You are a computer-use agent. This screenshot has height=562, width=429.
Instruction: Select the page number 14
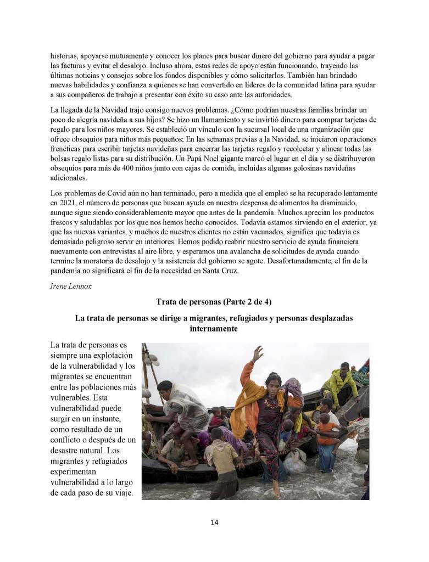[214, 522]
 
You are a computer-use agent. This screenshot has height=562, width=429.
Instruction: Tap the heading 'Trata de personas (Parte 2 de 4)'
[214, 302]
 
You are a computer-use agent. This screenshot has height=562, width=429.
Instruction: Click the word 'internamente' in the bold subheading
[214, 329]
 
